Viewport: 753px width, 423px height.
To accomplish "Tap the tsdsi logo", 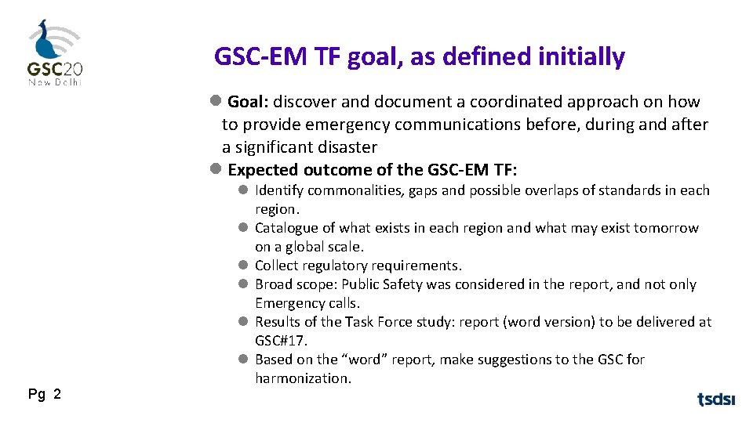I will coord(716,399).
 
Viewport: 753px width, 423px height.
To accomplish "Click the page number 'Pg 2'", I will coord(45,394).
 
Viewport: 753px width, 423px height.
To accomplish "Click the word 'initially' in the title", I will coord(582,57).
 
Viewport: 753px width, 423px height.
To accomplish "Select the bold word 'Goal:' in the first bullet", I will coord(249,102).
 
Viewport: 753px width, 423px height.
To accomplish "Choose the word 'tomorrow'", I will coord(667,228).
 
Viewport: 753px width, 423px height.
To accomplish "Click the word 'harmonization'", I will coord(302,378).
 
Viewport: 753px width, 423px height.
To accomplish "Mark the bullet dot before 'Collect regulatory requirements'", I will coord(244,266).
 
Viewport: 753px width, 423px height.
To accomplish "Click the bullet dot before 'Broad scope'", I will coord(244,284).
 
